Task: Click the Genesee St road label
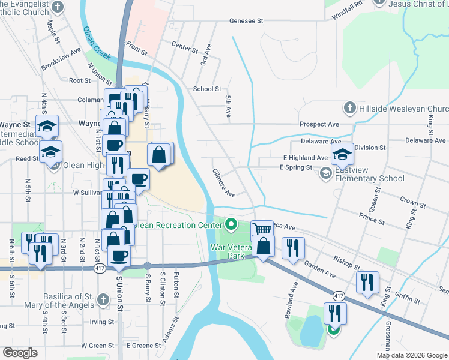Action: (x=246, y=20)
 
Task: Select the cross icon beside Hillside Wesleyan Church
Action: (x=349, y=108)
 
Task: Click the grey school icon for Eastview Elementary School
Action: (x=326, y=173)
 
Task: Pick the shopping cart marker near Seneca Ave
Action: (x=262, y=229)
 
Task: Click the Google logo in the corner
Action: (x=20, y=352)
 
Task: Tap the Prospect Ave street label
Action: (x=320, y=124)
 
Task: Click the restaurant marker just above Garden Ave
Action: (x=293, y=247)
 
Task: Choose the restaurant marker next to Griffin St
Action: (x=367, y=281)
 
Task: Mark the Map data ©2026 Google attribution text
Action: (x=411, y=355)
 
